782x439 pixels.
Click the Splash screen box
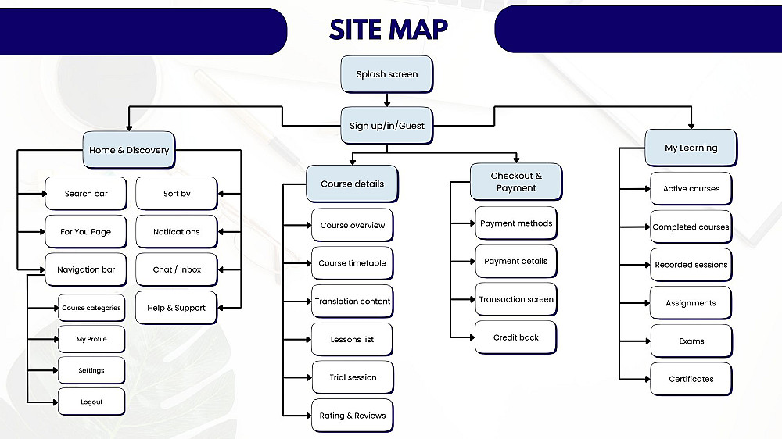(x=387, y=74)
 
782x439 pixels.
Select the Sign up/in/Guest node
(x=387, y=125)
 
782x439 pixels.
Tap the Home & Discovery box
(x=129, y=149)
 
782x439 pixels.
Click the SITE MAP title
(x=389, y=29)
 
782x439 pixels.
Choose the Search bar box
(x=86, y=194)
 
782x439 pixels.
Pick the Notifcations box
(x=177, y=232)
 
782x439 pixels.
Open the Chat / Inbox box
(x=177, y=269)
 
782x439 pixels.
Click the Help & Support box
(x=177, y=308)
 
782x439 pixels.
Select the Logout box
(x=91, y=402)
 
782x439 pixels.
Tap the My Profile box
(x=91, y=339)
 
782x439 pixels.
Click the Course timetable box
(x=352, y=263)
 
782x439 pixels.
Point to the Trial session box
(x=352, y=377)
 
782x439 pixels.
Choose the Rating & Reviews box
(x=352, y=416)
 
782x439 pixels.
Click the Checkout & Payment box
(x=516, y=181)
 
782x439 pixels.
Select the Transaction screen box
(x=516, y=299)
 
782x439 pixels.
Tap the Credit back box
(x=516, y=337)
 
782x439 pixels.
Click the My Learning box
(x=691, y=148)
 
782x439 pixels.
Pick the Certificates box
(x=691, y=379)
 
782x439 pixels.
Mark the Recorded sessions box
(x=691, y=265)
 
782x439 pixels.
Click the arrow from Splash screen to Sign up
(x=387, y=99)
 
